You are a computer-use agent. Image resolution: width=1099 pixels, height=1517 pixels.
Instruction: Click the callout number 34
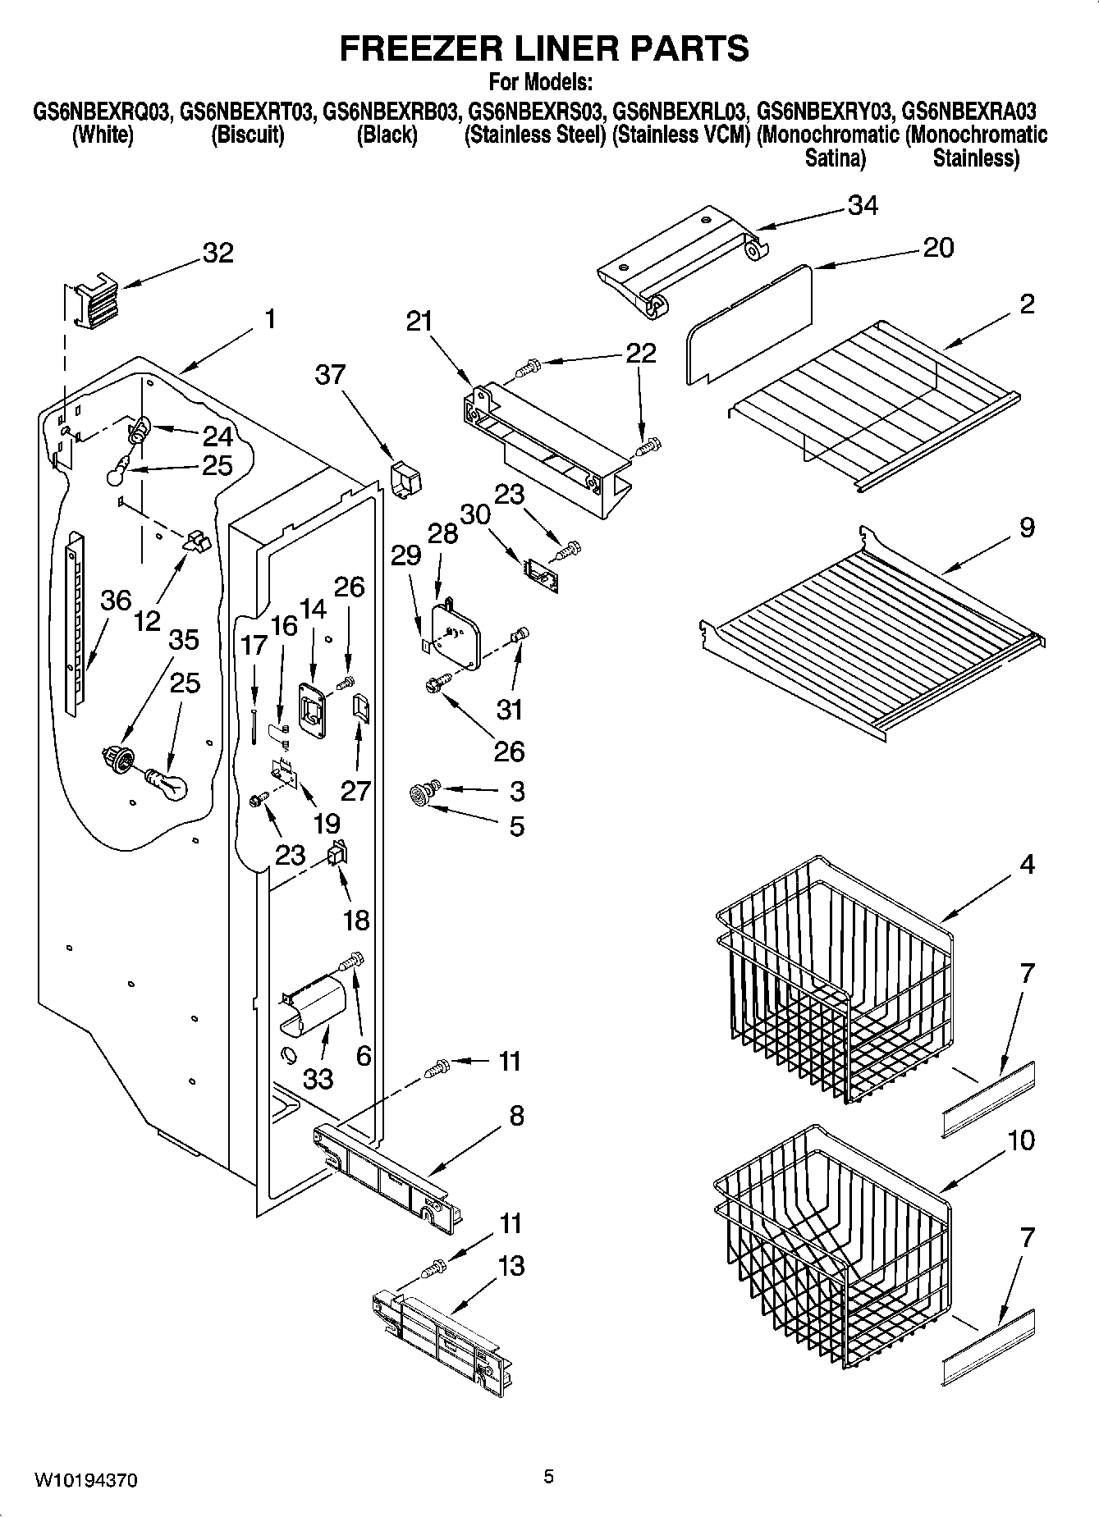point(862,205)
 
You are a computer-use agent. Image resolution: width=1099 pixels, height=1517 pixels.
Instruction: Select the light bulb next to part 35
point(168,784)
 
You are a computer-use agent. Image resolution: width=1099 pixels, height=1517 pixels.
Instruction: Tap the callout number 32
point(218,253)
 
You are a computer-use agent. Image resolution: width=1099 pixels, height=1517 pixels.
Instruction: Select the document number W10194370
point(85,1480)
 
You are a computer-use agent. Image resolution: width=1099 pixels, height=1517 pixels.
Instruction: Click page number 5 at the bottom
point(548,1477)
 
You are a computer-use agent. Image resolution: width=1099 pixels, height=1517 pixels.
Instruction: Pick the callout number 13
point(511,1266)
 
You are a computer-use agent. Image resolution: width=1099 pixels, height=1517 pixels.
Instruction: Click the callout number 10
point(1021,1140)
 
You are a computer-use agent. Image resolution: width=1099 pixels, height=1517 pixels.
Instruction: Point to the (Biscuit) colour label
point(247,135)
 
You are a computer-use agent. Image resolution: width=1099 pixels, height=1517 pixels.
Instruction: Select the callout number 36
point(116,601)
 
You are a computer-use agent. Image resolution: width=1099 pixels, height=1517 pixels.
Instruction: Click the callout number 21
point(419,321)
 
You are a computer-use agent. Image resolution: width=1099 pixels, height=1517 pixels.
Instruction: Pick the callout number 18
point(355,920)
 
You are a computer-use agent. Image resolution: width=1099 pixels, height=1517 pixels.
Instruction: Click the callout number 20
point(938,247)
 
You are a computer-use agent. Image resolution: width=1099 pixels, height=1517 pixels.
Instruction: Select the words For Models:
point(541,83)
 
